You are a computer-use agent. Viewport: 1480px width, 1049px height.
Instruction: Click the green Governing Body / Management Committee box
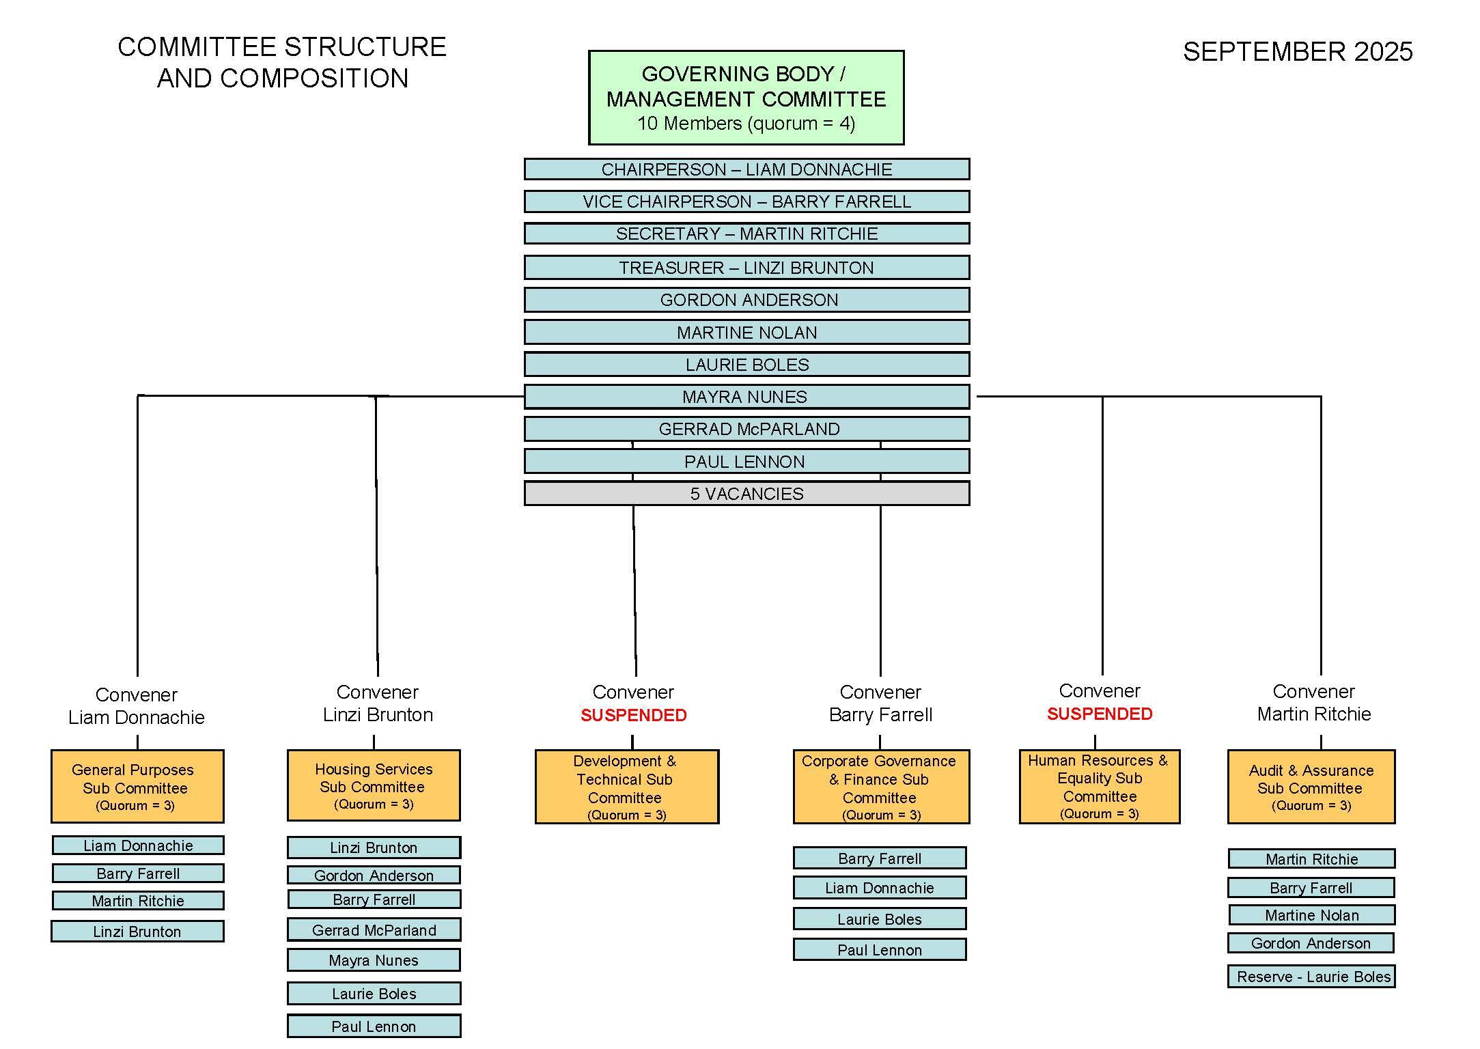coord(746,98)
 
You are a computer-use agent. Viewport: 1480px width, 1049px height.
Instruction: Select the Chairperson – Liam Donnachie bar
coord(746,169)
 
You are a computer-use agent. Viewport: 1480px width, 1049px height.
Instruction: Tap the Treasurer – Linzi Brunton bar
coord(746,268)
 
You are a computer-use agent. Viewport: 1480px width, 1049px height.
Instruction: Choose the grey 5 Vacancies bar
coord(746,494)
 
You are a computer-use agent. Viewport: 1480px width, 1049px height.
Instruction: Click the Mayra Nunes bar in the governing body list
coord(746,397)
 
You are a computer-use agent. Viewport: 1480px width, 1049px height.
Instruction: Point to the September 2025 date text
coord(1297,52)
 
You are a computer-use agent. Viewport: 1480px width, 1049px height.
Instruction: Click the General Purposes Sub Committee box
coord(137,786)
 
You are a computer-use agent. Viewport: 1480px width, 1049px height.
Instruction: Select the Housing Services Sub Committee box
coord(374,785)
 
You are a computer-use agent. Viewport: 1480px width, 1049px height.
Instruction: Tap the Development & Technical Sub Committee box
coord(626,787)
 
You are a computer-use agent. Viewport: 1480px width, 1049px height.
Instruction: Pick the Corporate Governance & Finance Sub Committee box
coord(881,787)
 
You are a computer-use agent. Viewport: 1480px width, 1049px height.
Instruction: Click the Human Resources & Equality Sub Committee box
coord(1099,786)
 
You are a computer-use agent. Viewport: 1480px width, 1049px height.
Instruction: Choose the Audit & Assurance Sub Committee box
coord(1311,787)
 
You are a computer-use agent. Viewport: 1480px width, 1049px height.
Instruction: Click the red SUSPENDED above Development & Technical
coord(633,715)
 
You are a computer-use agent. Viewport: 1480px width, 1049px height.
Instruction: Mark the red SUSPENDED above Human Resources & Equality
coord(1099,714)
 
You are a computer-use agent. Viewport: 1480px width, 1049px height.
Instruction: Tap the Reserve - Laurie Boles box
coord(1311,977)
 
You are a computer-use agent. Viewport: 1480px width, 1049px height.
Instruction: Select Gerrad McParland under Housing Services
coord(374,930)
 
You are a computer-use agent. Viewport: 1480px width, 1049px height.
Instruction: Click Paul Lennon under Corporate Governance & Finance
coord(880,950)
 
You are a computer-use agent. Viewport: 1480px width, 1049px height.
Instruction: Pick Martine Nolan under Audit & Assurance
coord(1311,915)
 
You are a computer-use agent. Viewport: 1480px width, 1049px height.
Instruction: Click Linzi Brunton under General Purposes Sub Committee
coord(137,932)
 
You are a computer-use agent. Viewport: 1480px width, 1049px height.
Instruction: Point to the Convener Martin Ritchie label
coord(1313,703)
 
